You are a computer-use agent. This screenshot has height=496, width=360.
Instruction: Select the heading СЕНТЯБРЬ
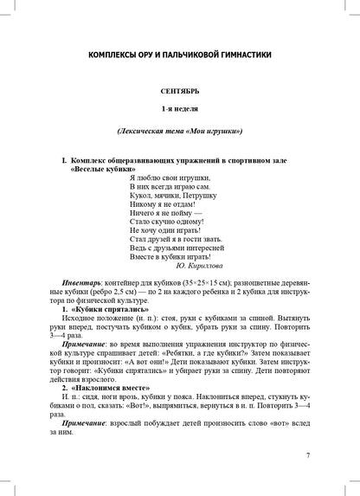coord(179,91)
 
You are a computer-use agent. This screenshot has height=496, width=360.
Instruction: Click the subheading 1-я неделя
coord(179,111)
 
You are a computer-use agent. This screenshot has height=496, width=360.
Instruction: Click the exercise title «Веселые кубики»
coord(100,171)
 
